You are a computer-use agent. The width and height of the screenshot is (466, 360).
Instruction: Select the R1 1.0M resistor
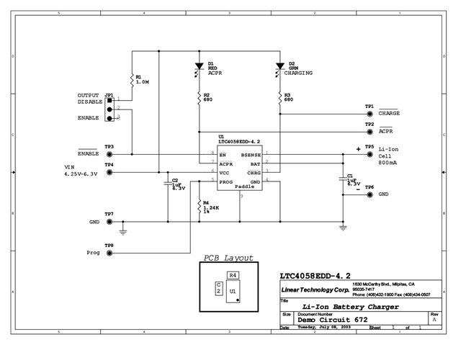[x=132, y=80]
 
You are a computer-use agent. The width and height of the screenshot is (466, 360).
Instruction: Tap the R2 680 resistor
[x=199, y=97]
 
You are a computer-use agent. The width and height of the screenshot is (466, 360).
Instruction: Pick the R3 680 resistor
[x=279, y=97]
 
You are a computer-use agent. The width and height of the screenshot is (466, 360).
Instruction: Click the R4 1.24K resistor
[x=199, y=207]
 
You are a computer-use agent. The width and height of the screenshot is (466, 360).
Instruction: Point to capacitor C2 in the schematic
[x=167, y=183]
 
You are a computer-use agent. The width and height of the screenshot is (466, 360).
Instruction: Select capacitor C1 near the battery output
[x=343, y=179]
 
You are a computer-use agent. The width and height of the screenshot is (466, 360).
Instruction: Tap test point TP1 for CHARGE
[x=369, y=113]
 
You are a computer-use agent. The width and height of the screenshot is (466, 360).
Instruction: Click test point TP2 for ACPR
[x=369, y=132]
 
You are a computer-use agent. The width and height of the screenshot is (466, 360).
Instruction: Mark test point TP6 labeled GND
[x=369, y=194]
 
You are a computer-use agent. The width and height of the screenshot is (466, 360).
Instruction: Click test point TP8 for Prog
[x=109, y=253]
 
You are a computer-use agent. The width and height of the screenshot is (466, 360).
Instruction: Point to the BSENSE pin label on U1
[x=251, y=154]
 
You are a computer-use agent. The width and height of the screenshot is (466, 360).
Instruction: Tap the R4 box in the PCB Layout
[x=233, y=275]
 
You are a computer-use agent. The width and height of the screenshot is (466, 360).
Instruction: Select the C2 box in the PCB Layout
[x=218, y=289]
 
